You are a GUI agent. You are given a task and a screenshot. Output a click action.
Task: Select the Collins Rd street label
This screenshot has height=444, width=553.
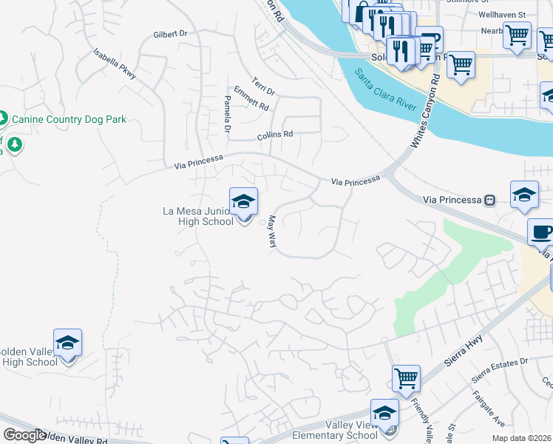[275, 135]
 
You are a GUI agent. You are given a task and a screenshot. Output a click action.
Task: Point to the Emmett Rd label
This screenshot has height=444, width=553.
[251, 98]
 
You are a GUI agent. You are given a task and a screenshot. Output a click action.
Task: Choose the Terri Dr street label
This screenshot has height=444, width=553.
[263, 86]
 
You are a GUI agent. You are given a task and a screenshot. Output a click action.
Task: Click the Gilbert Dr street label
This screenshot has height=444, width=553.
[171, 34]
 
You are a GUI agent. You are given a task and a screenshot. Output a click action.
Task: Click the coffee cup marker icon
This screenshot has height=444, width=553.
[541, 232]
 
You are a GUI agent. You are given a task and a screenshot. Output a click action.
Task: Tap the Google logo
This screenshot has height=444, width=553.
[24, 435]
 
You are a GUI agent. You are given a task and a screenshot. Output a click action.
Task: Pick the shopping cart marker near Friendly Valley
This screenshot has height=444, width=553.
[406, 379]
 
